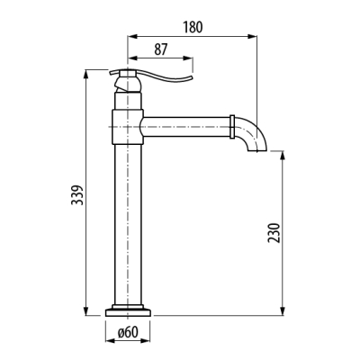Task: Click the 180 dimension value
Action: (x=193, y=27)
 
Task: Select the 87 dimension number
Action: (x=161, y=49)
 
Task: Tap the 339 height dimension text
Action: (x=77, y=195)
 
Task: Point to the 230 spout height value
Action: (x=274, y=233)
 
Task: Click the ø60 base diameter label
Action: (x=128, y=332)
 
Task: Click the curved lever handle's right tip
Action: (x=192, y=77)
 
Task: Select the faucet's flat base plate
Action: (x=128, y=312)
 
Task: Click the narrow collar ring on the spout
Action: (x=232, y=127)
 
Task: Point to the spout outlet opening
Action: (x=257, y=150)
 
